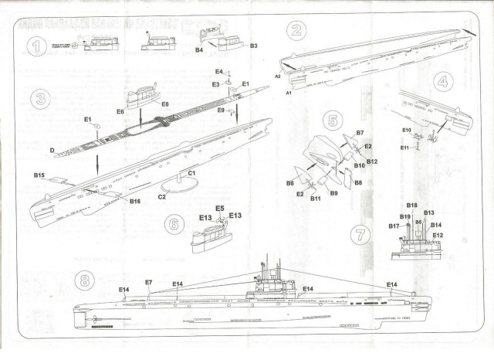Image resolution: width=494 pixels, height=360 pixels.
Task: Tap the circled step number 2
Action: (295, 32)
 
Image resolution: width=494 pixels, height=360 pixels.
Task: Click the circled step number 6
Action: (175, 224)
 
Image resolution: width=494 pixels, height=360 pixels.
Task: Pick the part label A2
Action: (277, 76)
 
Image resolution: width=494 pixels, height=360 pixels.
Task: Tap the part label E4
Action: (219, 71)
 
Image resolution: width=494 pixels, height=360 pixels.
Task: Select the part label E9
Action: (221, 111)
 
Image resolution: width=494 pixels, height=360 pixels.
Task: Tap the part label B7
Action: (360, 133)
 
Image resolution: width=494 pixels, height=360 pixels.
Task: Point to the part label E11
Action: (406, 147)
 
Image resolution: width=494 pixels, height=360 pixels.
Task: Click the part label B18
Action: (411, 205)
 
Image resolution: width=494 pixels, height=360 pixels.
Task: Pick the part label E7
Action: (148, 284)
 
